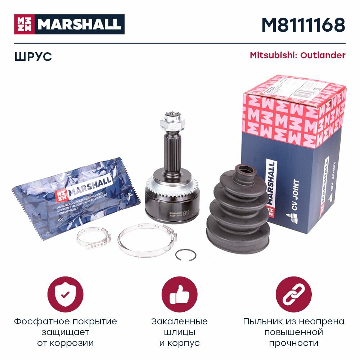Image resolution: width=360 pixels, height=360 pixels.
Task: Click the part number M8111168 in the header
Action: pyautogui.click(x=303, y=25)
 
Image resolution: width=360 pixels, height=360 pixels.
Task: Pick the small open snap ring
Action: pyautogui.click(x=186, y=255)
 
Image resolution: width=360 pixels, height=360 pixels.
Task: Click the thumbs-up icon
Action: pyautogui.click(x=179, y=294)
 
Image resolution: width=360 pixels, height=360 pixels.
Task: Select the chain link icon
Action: pyautogui.click(x=293, y=294)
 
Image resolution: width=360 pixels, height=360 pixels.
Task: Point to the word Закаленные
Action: pyautogui.click(x=179, y=321)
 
